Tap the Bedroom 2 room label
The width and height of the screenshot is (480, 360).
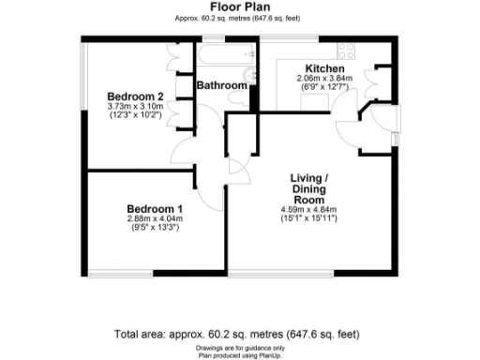(x=135, y=97)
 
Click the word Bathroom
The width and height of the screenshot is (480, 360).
(x=221, y=85)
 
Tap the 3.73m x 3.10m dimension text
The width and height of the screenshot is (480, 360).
(x=135, y=107)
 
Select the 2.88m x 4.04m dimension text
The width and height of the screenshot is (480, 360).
(x=155, y=218)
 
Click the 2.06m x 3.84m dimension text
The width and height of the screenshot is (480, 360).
(x=321, y=79)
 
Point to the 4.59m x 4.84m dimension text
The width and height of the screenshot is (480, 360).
(x=308, y=209)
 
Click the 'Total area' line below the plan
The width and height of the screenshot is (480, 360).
(x=235, y=334)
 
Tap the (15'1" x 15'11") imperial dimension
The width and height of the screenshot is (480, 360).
(x=308, y=218)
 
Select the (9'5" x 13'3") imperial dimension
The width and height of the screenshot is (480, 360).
(x=155, y=228)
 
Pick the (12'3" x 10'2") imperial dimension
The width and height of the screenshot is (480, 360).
(x=135, y=116)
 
